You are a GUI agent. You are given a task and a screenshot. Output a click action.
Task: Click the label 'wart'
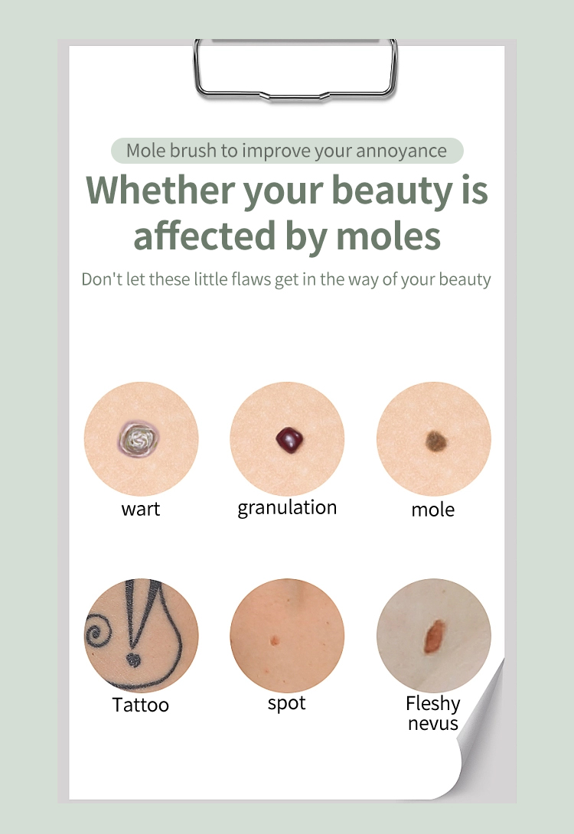coord(141,509)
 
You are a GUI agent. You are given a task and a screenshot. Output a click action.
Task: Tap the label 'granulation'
coord(287,508)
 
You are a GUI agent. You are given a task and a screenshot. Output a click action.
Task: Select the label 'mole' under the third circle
coord(433,510)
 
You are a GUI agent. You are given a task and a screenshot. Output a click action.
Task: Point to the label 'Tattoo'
coord(141,705)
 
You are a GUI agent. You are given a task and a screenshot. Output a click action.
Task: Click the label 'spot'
coord(287,703)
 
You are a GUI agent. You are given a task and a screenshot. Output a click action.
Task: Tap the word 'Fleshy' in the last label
coord(433,703)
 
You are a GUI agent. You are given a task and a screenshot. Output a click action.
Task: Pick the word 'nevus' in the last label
coord(433,723)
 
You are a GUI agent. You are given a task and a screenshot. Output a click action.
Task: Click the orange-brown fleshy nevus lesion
coord(435,636)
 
